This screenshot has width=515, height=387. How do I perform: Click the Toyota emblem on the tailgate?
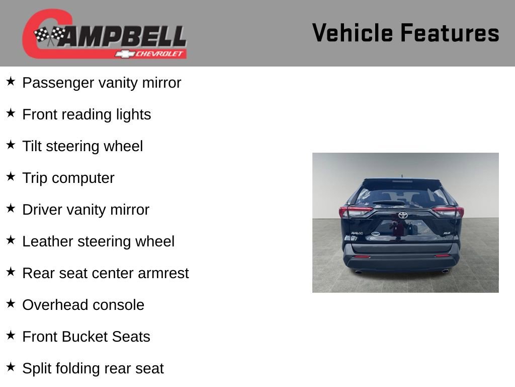pos(403,215)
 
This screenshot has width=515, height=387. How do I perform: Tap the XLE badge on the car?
pos(446,233)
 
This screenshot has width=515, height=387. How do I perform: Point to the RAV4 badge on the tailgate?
pos(357,233)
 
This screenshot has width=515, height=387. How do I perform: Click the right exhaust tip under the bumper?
pos(445,272)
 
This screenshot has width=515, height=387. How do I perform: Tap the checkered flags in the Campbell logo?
pos(49,35)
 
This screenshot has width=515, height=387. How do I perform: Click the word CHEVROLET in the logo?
pos(160,54)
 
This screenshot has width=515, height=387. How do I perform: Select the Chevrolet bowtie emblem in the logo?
pos(123,54)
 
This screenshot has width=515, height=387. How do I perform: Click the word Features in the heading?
pos(450,33)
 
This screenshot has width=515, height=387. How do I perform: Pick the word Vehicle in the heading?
pos(352,33)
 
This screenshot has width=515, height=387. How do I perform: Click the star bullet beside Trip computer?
pos(11,176)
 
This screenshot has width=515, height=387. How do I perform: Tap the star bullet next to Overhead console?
pos(11,303)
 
